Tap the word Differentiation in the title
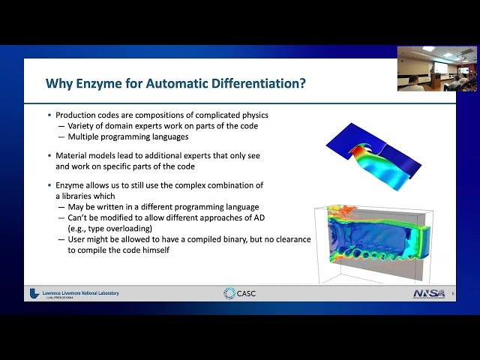[257, 83]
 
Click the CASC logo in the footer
[239, 292]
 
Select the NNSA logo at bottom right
[430, 292]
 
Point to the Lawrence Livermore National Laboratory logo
[75, 293]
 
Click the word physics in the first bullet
[252, 115]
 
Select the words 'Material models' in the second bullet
[84, 155]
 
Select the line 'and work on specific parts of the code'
[122, 166]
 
